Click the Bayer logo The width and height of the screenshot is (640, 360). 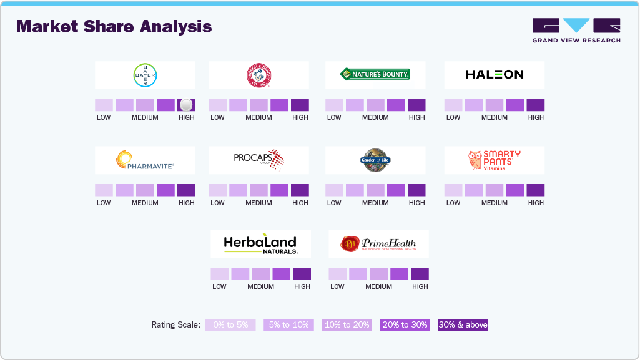pyautogui.click(x=145, y=75)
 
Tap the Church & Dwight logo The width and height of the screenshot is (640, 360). pyautogui.click(x=258, y=75)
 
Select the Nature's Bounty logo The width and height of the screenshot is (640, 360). pyautogui.click(x=375, y=75)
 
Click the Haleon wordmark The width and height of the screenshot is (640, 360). pyautogui.click(x=495, y=75)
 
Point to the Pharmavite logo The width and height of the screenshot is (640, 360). pyautogui.click(x=145, y=160)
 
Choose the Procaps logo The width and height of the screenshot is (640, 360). pyautogui.click(x=258, y=159)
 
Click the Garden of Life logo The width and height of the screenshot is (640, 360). pyautogui.click(x=375, y=160)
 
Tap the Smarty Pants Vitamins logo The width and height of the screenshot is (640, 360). pyautogui.click(x=495, y=160)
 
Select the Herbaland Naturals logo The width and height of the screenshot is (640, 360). pyautogui.click(x=260, y=244)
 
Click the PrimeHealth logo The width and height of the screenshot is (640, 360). pyautogui.click(x=378, y=244)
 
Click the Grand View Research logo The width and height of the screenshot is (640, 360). pyautogui.click(x=576, y=30)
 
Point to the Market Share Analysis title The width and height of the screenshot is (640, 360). pyautogui.click(x=114, y=27)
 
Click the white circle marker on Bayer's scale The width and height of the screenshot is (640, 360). pyautogui.click(x=186, y=105)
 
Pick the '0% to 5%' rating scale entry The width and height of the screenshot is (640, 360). pyautogui.click(x=230, y=325)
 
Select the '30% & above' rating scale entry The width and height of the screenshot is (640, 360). pyautogui.click(x=463, y=325)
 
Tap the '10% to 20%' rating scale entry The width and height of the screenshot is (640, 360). pyautogui.click(x=347, y=325)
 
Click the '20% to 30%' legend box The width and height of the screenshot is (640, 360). pyautogui.click(x=405, y=325)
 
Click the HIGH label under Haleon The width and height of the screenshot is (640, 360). pyautogui.click(x=536, y=117)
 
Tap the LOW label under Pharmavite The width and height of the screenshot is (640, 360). pyautogui.click(x=104, y=203)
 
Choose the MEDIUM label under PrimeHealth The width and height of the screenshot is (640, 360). pyautogui.click(x=378, y=286)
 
